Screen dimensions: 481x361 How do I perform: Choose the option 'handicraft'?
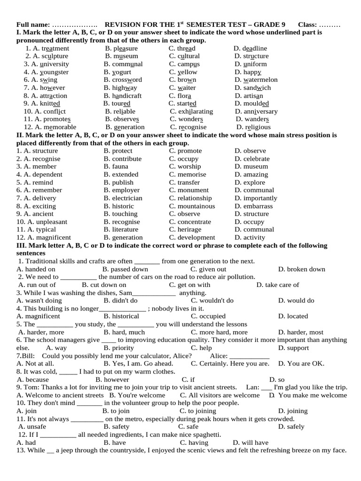click(x=126, y=96)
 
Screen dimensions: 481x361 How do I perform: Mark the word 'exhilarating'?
click(x=195, y=112)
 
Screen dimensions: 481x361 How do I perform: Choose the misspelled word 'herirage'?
click(x=189, y=230)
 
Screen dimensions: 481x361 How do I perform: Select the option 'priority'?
click(x=122, y=348)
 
